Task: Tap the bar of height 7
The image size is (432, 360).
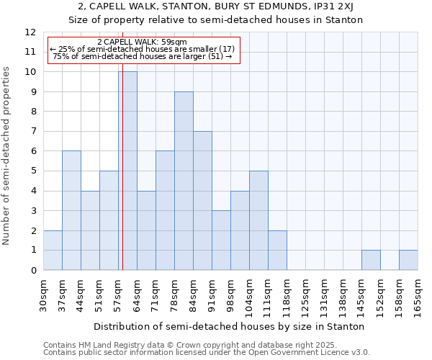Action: click(202, 201)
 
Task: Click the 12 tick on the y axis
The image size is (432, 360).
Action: click(31, 32)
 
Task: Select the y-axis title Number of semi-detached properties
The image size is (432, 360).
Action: click(7, 156)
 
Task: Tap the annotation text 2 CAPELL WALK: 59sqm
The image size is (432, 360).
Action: click(142, 42)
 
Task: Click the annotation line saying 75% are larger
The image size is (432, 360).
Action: click(142, 56)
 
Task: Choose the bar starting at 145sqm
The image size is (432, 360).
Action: click(371, 260)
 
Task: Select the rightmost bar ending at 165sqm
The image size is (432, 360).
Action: click(408, 260)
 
